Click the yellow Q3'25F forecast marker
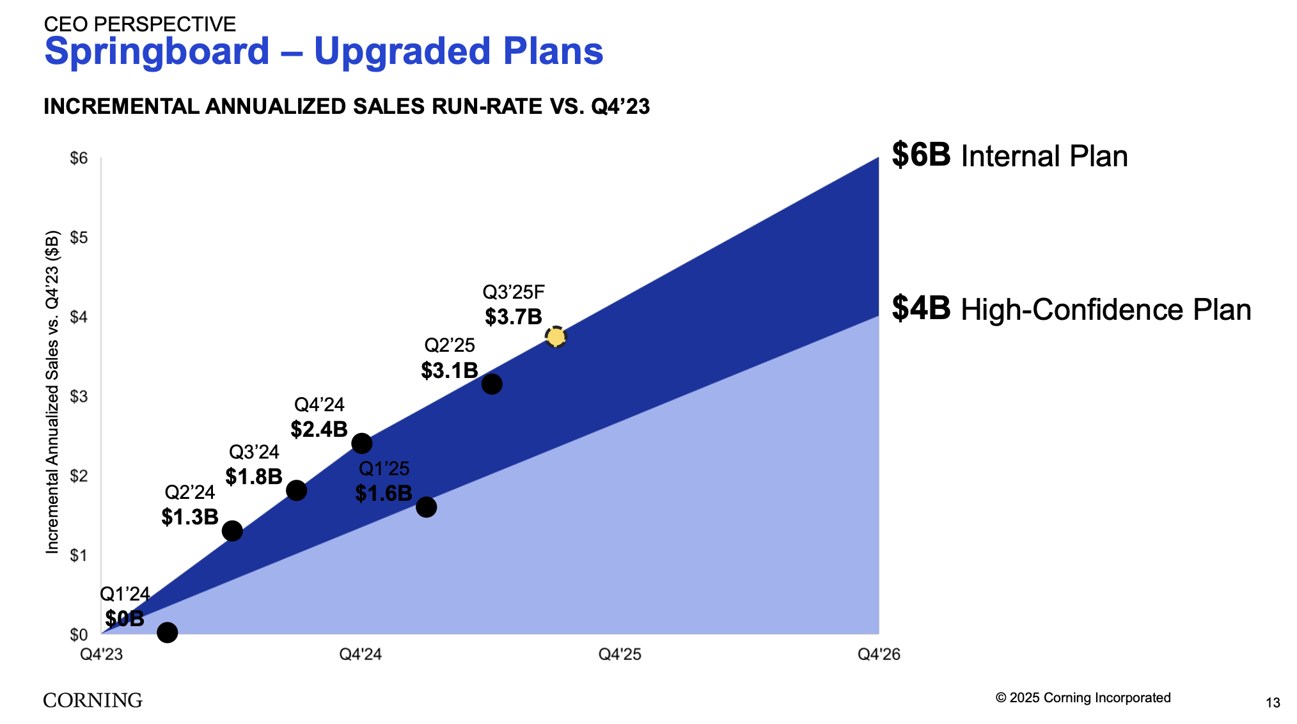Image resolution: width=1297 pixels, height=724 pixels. [x=556, y=336]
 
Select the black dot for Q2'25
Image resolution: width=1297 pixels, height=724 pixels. [x=491, y=384]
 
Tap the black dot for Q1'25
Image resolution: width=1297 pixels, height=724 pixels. [x=426, y=507]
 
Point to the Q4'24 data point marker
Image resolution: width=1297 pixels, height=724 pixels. [x=361, y=443]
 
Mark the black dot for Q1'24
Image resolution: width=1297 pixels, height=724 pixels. [x=167, y=633]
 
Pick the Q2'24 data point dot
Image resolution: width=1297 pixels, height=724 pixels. [x=232, y=531]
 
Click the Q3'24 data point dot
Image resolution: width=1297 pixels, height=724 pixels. [x=296, y=491]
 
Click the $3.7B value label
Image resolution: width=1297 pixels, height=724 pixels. [x=513, y=317]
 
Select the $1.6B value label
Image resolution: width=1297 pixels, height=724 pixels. [x=383, y=493]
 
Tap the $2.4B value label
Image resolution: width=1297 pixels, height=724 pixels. [x=318, y=429]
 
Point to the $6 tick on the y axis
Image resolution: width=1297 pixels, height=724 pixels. [x=79, y=158]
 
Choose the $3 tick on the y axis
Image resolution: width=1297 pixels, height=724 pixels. [x=79, y=397]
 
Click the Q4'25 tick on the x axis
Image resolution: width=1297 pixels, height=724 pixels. [x=619, y=654]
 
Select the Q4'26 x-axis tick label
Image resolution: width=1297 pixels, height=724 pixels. [x=879, y=654]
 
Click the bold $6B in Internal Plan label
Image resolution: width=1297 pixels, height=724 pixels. [x=921, y=155]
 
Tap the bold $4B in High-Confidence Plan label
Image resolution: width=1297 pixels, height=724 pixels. [x=921, y=308]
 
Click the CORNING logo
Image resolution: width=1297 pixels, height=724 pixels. [x=93, y=700]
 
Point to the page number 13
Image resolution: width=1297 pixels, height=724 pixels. [x=1273, y=703]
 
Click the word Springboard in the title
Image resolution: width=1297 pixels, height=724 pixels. [x=157, y=51]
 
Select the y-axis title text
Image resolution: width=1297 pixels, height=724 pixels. [x=52, y=392]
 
